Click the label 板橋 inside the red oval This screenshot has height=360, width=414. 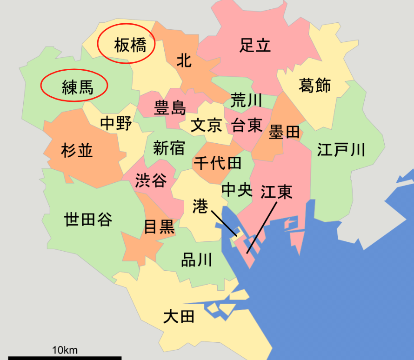coord(130,46)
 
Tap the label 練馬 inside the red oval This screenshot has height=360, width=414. coord(78,87)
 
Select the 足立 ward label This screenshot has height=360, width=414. coord(255,46)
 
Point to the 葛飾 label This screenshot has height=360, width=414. coord(315,86)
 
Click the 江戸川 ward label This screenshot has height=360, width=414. coord(341,150)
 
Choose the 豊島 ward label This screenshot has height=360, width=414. coord(170,108)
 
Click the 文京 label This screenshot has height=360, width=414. coord(207,125)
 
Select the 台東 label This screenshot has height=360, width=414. coord(247,125)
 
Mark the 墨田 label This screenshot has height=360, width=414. coord(284,133)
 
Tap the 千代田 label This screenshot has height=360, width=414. coord(218,163)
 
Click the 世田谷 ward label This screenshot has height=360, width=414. coord(88,219)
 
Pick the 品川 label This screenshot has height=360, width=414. coord(196,260)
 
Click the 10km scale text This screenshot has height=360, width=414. coord(65,350)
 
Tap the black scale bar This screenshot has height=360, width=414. coord(65,358)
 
